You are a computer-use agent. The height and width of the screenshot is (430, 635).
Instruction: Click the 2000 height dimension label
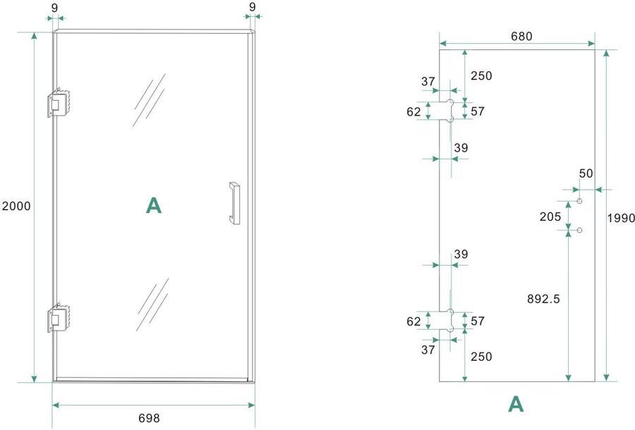16,207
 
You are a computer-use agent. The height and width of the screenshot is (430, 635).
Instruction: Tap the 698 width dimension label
149,418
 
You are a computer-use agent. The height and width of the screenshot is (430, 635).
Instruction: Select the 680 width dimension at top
517,36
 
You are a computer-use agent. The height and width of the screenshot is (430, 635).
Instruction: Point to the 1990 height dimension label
621,218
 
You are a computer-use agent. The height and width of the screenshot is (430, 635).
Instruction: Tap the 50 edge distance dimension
586,173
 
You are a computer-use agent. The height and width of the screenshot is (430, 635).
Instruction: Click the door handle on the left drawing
234,203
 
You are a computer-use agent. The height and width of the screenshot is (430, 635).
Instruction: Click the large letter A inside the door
153,205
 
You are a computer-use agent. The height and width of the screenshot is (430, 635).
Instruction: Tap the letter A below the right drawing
516,404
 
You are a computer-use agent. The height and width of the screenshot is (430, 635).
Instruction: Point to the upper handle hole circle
580,202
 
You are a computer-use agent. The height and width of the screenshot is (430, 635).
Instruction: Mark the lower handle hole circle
580,230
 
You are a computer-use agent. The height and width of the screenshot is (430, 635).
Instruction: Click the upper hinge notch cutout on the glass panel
447,110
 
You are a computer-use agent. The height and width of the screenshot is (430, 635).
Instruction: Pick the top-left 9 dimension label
55,7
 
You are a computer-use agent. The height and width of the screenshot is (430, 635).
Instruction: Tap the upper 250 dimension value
481,76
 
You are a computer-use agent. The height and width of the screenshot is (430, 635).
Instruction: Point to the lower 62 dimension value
413,321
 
